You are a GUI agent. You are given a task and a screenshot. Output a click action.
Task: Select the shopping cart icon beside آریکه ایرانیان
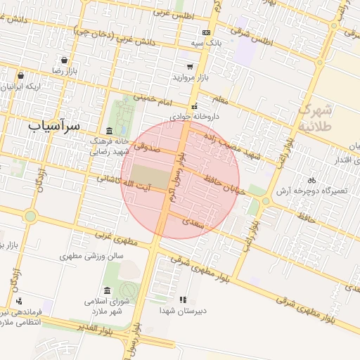click(x=21, y=75)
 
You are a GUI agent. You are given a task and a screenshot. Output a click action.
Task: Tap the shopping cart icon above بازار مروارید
click(x=189, y=65)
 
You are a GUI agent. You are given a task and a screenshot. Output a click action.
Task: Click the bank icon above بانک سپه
click(x=206, y=32)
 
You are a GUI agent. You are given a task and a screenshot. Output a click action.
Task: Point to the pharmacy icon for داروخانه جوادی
click(x=195, y=106)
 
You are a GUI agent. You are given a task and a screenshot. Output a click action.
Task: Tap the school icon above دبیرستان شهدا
click(x=184, y=300)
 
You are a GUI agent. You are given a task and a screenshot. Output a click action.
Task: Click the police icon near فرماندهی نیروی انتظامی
click(x=18, y=300)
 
